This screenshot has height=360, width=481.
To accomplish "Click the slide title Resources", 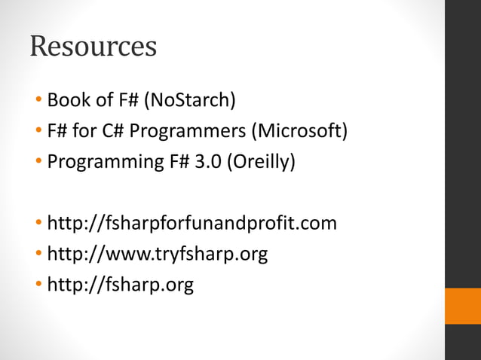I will [x=93, y=46].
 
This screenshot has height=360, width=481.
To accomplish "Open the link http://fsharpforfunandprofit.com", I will [x=191, y=224].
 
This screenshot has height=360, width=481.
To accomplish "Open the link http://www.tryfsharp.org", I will [x=157, y=255].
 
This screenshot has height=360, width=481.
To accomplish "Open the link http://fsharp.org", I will [x=120, y=285].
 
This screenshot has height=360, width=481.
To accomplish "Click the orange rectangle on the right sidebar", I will [x=462, y=306].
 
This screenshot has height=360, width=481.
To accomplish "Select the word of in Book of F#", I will [x=98, y=99].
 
